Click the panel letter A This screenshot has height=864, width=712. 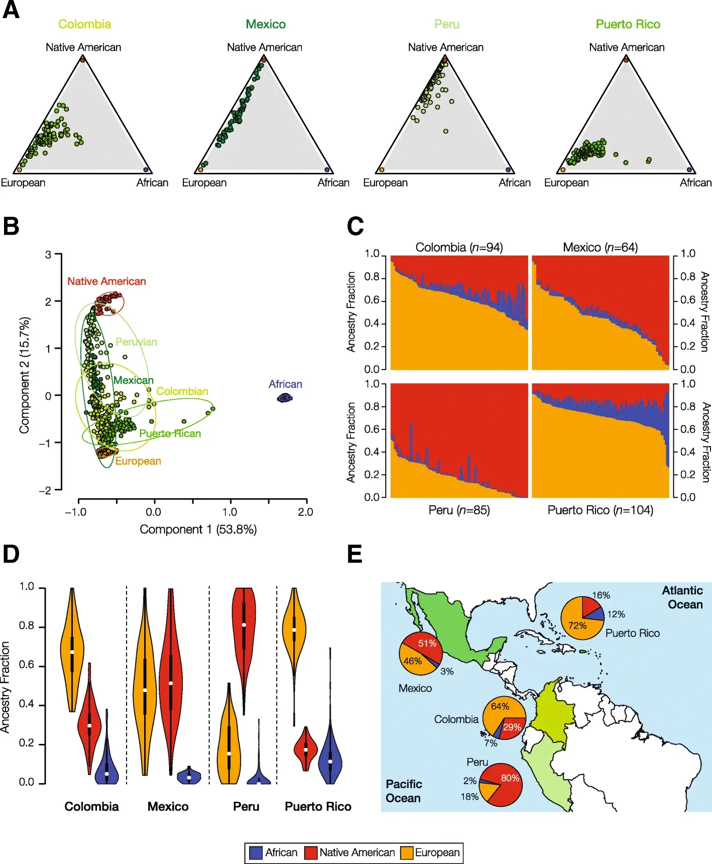coord(11,10)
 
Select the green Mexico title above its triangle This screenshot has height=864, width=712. coord(266,24)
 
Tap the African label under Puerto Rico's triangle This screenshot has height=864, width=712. coord(695,182)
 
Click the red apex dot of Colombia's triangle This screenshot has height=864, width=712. coord(83,59)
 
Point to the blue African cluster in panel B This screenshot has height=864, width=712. coord(285,398)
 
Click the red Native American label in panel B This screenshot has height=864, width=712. coord(106,281)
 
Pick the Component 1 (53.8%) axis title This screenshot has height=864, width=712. coord(198,529)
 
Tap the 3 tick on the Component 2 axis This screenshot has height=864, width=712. coord(48,255)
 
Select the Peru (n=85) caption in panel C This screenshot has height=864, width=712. coord(459,510)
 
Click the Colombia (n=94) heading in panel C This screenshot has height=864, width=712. coord(459,247)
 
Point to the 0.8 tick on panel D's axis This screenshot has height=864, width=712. coord(27,626)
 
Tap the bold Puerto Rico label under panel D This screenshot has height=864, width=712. coord(318,807)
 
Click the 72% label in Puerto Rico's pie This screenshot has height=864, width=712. coord(577,625)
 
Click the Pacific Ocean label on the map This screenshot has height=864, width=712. coord(403,791)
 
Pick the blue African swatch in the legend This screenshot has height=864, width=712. coord(256,853)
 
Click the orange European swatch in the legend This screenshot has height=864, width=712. coord(407,853)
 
